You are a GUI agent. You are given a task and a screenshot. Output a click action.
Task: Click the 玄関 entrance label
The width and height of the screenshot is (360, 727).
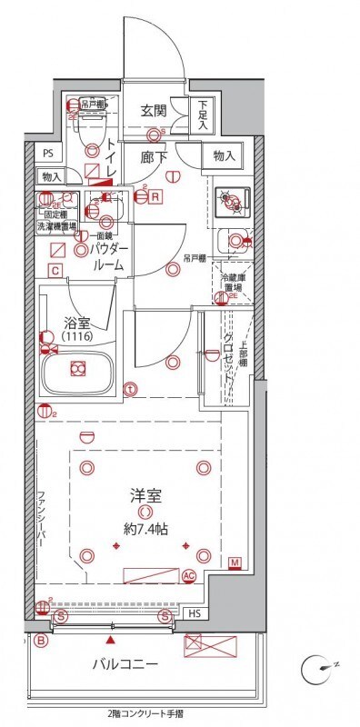153,111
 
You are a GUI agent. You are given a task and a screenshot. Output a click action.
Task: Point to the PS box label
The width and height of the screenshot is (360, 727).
48,154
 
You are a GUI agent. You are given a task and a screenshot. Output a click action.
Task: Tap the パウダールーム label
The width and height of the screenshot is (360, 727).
110,257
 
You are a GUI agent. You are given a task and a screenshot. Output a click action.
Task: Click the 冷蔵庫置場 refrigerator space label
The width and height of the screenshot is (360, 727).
227,280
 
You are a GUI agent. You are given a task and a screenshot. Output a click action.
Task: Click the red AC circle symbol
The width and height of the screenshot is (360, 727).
189,575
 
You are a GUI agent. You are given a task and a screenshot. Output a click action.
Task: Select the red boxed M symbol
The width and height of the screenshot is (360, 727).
235,563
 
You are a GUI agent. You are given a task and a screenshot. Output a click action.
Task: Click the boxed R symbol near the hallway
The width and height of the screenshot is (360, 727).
156,195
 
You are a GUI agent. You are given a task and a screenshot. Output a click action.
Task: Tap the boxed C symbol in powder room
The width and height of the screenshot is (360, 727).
55,271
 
